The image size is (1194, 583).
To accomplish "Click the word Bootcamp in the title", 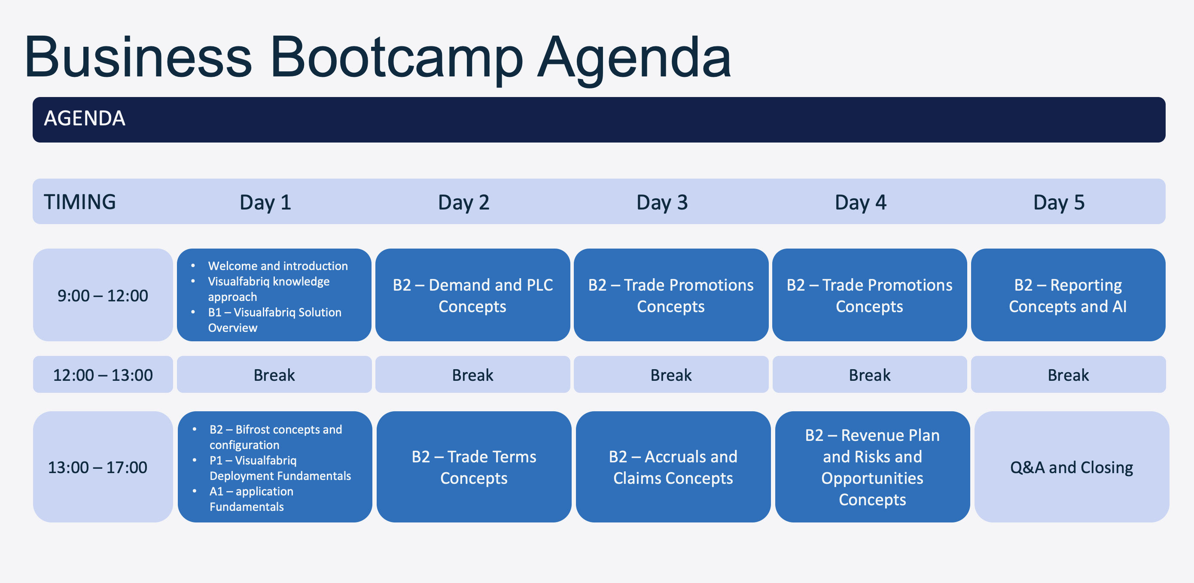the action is click(x=396, y=58).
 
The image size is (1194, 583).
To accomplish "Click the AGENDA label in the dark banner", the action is click(x=84, y=118).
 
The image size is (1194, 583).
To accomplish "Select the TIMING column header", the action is click(x=80, y=202).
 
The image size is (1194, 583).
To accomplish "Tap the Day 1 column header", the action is click(x=265, y=203).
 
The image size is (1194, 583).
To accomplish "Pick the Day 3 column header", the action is click(x=662, y=203).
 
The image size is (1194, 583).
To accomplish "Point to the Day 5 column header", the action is click(x=1059, y=203).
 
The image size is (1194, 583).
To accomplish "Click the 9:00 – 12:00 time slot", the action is click(x=103, y=295).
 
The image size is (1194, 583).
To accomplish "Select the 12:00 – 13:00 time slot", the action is click(x=103, y=374).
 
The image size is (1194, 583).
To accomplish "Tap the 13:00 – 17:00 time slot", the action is click(x=103, y=467).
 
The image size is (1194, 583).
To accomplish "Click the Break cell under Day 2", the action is click(x=473, y=374).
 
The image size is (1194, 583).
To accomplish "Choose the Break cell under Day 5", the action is click(x=1069, y=374).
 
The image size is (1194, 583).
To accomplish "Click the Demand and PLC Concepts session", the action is click(x=473, y=295).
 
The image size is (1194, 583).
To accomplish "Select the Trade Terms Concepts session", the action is click(x=474, y=467).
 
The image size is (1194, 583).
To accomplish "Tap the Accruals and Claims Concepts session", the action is click(x=673, y=467).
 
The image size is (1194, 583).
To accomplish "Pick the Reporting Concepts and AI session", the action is click(x=1069, y=295).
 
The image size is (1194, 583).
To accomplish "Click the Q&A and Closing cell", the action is click(x=1072, y=467).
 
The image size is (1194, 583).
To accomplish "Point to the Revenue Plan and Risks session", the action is click(x=872, y=467).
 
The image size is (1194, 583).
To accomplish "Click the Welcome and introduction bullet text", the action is click(x=277, y=266).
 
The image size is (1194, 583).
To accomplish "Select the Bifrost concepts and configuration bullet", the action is click(x=276, y=437).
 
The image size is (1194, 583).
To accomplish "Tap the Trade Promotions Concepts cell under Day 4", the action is click(x=870, y=295).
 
